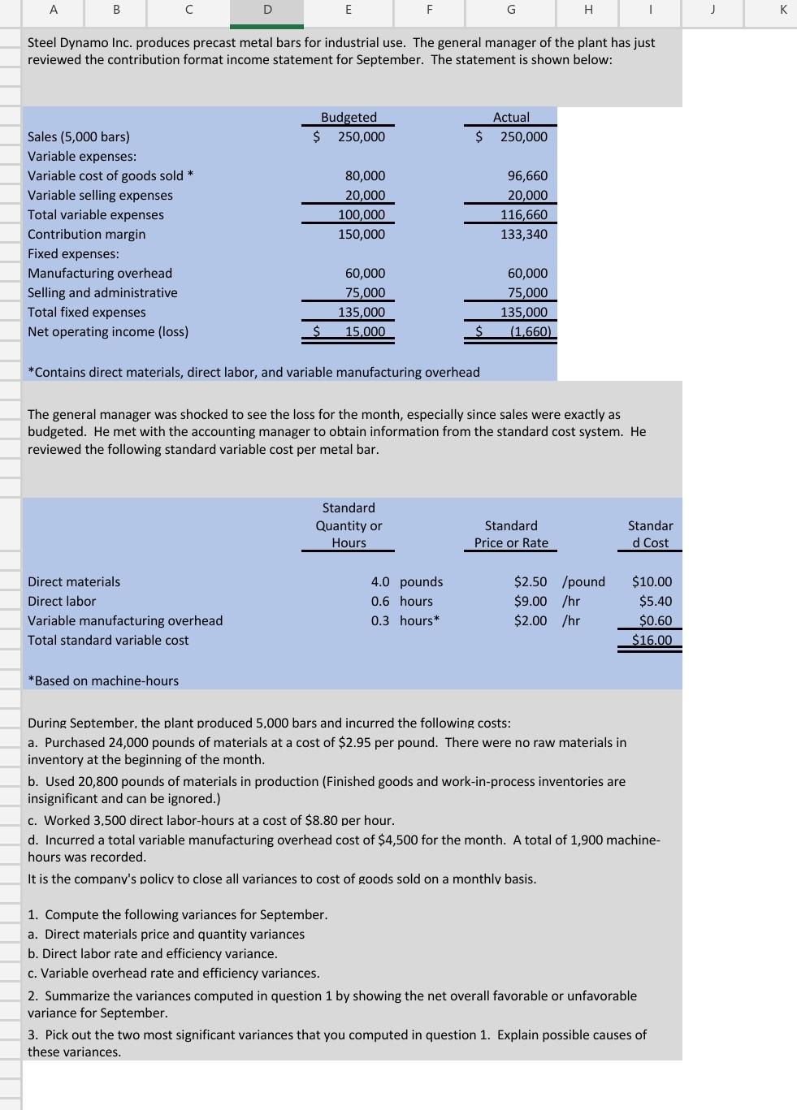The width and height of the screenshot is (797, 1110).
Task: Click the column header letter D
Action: tap(266, 10)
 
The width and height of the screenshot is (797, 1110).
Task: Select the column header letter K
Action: tap(782, 10)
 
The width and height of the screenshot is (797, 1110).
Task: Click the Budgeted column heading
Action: tap(349, 118)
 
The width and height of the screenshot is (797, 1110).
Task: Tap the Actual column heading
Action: tap(511, 118)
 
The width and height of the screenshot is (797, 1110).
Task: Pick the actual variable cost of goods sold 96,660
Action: tap(527, 176)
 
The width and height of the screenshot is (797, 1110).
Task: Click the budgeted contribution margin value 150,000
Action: tap(362, 235)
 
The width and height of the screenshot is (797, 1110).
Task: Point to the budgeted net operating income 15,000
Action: tap(365, 332)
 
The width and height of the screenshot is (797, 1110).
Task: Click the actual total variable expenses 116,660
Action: tap(524, 215)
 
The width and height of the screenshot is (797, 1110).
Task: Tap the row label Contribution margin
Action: tap(87, 235)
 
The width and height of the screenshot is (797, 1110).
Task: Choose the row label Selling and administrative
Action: tap(102, 293)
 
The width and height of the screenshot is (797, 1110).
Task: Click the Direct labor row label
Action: tap(62, 602)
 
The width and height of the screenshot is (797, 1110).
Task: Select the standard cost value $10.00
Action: tap(652, 582)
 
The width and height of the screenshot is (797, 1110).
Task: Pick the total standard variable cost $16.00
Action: tap(652, 641)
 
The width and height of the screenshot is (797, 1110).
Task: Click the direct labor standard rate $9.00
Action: tap(531, 602)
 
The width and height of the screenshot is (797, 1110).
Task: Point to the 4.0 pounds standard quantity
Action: tap(406, 582)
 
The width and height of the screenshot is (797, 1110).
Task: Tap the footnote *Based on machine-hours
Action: tap(103, 681)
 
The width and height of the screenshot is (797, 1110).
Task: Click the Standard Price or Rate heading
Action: tap(511, 534)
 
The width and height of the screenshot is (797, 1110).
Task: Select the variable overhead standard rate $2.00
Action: tap(531, 621)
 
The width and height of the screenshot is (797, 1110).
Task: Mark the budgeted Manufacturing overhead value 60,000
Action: tap(365, 274)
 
